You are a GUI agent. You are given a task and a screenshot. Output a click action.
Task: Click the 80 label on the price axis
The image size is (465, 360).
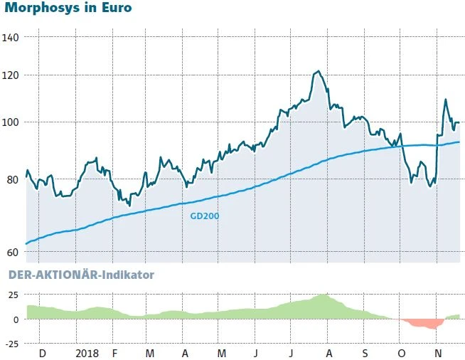[13, 180]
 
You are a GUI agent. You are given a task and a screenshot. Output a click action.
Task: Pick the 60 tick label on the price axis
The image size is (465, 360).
[13, 253]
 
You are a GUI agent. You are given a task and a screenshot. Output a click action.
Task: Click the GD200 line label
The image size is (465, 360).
[205, 215]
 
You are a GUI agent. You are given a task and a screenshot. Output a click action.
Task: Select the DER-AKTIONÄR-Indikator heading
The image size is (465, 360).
[80, 274]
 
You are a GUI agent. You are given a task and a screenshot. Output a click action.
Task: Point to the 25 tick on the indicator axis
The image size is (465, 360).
[13, 295]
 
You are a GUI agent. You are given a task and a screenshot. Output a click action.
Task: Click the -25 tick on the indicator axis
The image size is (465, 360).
[11, 344]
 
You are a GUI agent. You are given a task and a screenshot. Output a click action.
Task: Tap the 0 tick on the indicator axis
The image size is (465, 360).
[16, 319]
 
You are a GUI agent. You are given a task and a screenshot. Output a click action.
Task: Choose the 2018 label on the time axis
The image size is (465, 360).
[87, 353]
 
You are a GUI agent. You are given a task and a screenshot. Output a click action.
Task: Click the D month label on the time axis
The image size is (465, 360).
[42, 353]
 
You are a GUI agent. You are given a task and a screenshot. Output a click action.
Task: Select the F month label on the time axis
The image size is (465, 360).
[114, 353]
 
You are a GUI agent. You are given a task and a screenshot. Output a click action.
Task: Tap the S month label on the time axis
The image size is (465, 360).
[364, 353]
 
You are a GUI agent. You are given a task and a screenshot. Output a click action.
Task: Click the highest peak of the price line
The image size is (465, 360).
[318, 71]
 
